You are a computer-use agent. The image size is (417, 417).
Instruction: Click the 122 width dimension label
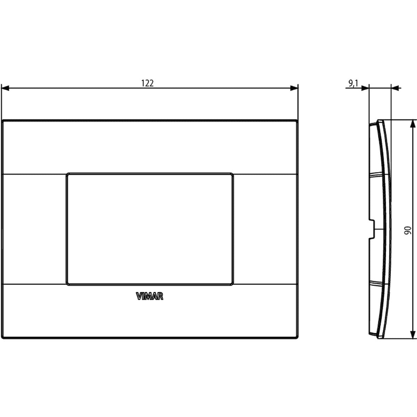pyautogui.click(x=147, y=83)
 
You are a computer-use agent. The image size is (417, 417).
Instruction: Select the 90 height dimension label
pyautogui.click(x=408, y=230)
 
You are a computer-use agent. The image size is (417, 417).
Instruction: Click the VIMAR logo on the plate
pyautogui.click(x=149, y=296)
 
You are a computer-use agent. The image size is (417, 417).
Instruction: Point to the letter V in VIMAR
pyautogui.click(x=139, y=296)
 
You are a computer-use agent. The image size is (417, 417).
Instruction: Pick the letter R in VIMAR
pyautogui.click(x=160, y=296)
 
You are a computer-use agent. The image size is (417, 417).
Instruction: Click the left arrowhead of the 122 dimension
pyautogui.click(x=5, y=88)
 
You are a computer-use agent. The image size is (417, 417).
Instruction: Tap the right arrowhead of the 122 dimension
pyautogui.click(x=294, y=88)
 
